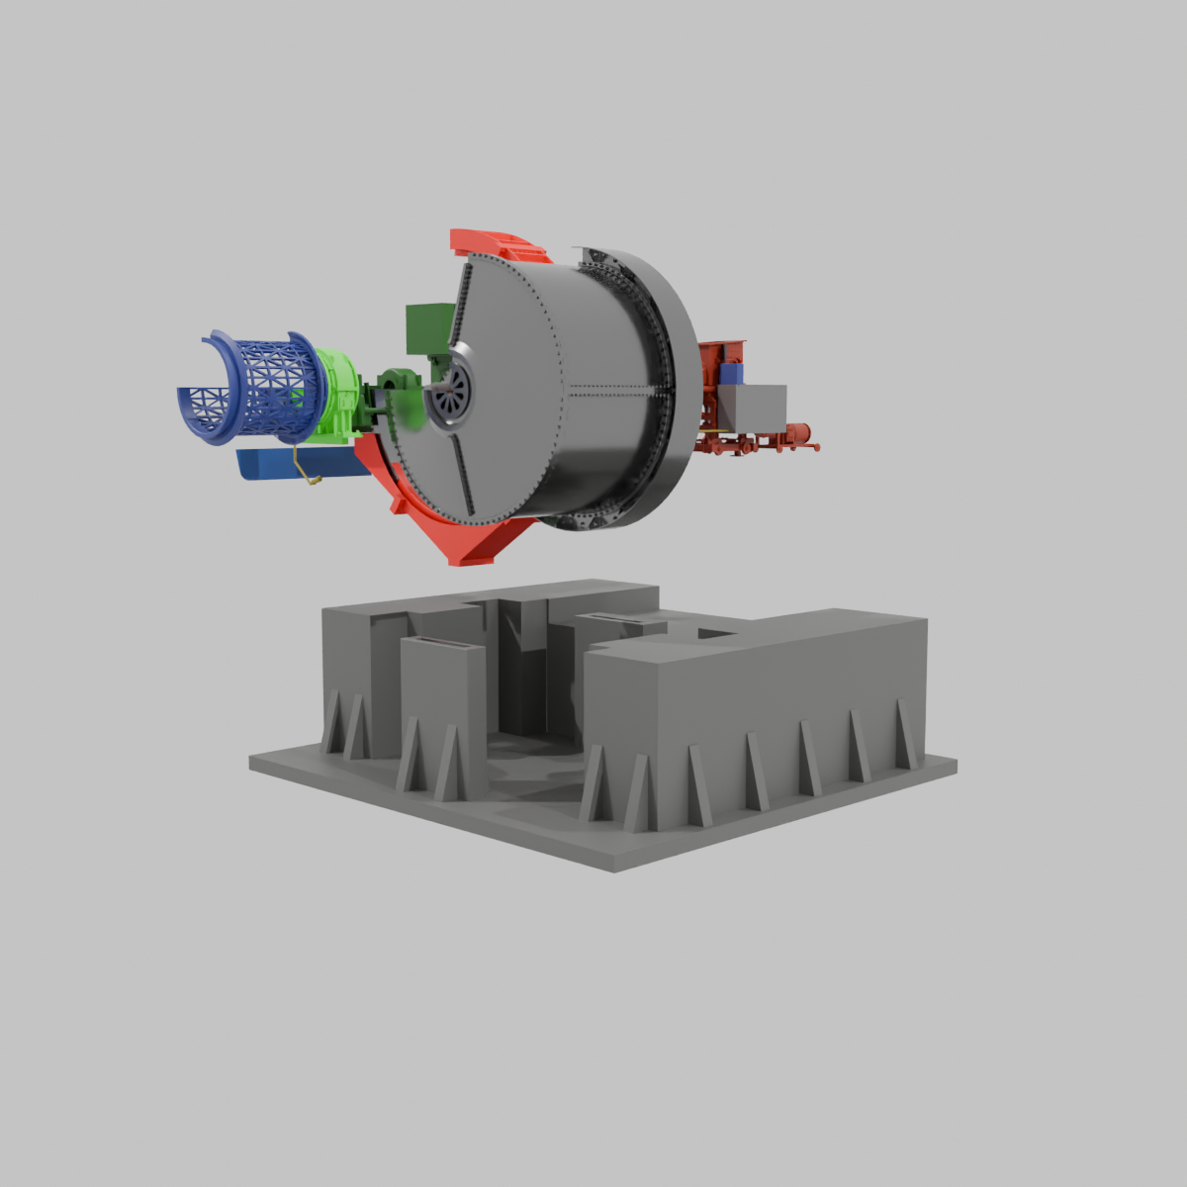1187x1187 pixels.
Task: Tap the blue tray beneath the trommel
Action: tap(297, 463)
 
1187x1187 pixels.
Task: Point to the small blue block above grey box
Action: tap(731, 373)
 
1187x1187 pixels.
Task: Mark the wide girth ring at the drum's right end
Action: tap(673, 396)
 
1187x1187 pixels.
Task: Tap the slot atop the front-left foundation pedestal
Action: tap(442, 644)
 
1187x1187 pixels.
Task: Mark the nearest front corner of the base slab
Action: tap(613, 868)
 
